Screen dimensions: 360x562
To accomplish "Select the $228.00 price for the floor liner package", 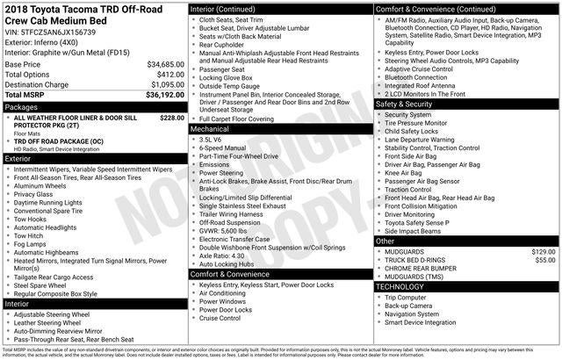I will click(x=172, y=117).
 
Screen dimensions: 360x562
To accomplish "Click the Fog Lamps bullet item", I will click(x=32, y=244).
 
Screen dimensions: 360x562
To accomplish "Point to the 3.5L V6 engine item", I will click(x=210, y=139).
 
